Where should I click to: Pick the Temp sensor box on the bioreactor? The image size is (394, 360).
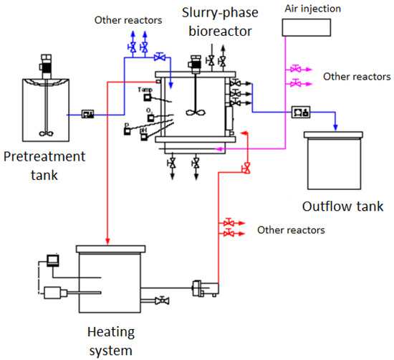point(143,97)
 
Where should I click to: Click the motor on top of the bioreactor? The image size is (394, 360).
point(195,65)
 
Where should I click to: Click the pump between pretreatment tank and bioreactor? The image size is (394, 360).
point(89,114)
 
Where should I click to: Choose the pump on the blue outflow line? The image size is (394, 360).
point(301,112)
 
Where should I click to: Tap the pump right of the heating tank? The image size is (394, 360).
point(198,290)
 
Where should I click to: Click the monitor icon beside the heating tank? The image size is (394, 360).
point(53,259)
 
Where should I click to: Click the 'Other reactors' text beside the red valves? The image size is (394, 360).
point(291,231)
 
